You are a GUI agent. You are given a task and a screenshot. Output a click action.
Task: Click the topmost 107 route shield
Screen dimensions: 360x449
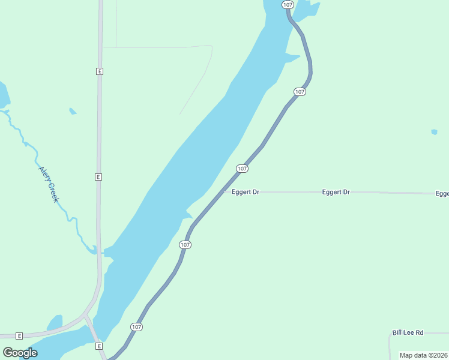288,5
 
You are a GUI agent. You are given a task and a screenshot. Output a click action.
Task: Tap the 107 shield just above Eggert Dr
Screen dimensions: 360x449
242,169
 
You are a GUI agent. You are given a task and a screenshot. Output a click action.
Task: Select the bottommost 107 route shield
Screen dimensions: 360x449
136,327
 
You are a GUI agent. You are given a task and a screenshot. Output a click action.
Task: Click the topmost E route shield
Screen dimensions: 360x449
100,71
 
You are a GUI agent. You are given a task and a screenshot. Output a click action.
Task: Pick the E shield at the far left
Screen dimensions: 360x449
19,335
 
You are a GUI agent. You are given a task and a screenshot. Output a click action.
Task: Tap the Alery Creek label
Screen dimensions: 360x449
48,184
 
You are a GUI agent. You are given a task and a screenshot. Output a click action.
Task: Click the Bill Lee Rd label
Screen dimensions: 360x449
408,332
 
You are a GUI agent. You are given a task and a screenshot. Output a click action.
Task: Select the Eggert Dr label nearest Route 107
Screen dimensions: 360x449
246,192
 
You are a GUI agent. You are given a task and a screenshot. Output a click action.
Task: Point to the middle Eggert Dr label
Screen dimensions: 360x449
336,192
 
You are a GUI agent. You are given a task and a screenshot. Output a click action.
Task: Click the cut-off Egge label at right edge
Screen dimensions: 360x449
442,193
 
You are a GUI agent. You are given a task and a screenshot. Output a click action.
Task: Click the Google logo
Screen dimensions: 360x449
20,352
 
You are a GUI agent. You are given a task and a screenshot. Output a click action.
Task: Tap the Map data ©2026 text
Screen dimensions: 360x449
424,355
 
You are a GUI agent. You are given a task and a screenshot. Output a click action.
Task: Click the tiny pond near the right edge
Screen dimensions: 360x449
434,131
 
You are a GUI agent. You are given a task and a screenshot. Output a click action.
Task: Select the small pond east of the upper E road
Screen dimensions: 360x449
73,111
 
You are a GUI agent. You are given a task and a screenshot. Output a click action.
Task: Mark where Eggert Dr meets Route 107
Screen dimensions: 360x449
223,192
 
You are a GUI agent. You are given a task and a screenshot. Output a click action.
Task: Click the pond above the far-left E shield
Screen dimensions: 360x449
55,323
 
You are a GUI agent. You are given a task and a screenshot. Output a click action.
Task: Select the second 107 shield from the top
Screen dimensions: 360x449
300,92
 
